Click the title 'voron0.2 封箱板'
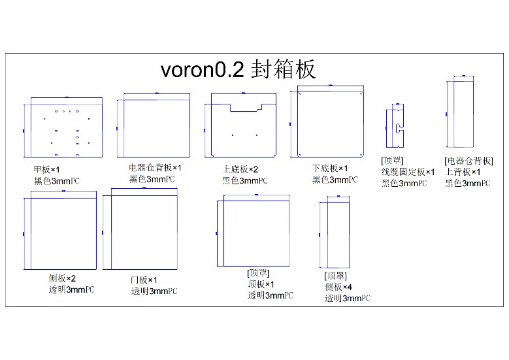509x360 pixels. (x=238, y=69)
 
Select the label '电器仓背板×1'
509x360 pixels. (x=155, y=168)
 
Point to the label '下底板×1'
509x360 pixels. (x=330, y=169)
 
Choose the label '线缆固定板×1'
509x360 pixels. (x=408, y=172)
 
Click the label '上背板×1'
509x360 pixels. (x=463, y=172)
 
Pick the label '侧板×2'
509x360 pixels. (x=63, y=278)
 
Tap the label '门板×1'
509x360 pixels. (x=144, y=280)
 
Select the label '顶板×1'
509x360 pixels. (x=261, y=284)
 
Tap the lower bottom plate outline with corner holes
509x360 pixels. (x=329, y=123)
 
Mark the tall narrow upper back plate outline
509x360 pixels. (x=463, y=115)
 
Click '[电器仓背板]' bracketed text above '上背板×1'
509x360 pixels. (x=468, y=161)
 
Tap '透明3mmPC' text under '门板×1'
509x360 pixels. (x=154, y=291)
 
